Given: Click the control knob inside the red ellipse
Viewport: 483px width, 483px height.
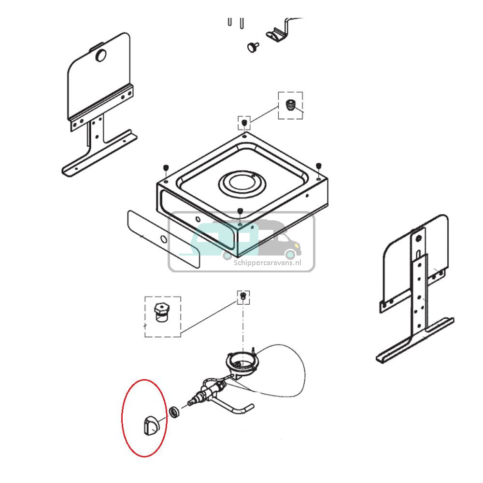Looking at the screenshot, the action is [x=151, y=426].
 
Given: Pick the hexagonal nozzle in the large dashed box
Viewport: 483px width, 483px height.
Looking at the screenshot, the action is [x=162, y=313].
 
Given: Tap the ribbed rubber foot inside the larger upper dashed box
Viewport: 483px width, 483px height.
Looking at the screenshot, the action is [x=289, y=105].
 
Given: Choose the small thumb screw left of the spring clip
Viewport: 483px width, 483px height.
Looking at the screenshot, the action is [x=253, y=47].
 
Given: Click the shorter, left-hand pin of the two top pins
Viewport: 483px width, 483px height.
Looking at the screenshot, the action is [x=230, y=22].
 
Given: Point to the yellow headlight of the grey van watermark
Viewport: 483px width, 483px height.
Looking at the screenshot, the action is [x=297, y=245].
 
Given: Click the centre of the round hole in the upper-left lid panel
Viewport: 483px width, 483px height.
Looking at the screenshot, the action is [x=101, y=56].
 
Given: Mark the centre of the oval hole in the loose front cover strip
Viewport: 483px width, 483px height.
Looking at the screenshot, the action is [x=164, y=240].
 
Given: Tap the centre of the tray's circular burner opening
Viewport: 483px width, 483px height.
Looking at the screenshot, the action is [x=242, y=184].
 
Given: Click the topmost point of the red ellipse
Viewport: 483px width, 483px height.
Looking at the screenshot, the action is [x=144, y=380].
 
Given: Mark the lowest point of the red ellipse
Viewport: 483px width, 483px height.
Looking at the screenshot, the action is [x=144, y=457].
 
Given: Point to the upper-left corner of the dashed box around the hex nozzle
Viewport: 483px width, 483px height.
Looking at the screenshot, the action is [x=145, y=297].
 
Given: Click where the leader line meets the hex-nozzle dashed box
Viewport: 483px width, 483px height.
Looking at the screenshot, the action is [x=181, y=333].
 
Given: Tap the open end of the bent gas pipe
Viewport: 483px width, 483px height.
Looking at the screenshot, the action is [x=252, y=406].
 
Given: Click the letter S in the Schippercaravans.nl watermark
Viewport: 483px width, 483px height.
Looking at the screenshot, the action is [x=236, y=263].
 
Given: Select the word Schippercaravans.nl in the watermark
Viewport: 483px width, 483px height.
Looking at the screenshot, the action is [x=268, y=263].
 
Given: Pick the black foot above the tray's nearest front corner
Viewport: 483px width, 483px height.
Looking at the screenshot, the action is [x=240, y=211].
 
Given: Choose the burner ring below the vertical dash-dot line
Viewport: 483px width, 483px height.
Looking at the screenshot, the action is [x=243, y=363].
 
